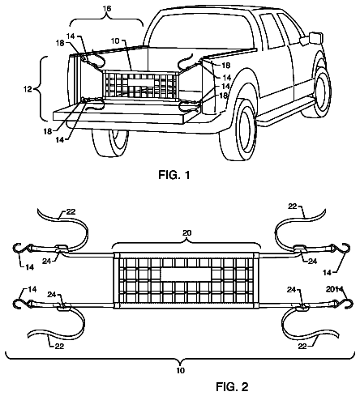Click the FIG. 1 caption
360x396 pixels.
tap(174, 175)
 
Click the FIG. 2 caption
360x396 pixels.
tap(232, 387)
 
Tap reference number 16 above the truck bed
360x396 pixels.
tap(107, 9)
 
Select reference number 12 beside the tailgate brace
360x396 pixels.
tap(28, 89)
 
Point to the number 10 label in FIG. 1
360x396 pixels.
tap(115, 41)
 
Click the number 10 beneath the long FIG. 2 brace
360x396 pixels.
tap(180, 370)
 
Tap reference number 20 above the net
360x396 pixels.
tap(186, 232)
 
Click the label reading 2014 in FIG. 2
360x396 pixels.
tap(334, 289)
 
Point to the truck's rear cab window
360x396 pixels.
tap(201, 31)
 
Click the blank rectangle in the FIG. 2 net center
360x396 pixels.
tap(186, 275)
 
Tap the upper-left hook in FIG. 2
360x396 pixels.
tap(18, 249)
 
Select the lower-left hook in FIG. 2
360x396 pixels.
tap(18, 304)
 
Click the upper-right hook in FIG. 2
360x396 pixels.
tap(346, 249)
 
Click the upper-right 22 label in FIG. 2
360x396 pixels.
tap(293, 207)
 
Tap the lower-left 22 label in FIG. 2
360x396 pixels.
tap(59, 346)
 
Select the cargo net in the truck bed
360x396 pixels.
tap(140, 83)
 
